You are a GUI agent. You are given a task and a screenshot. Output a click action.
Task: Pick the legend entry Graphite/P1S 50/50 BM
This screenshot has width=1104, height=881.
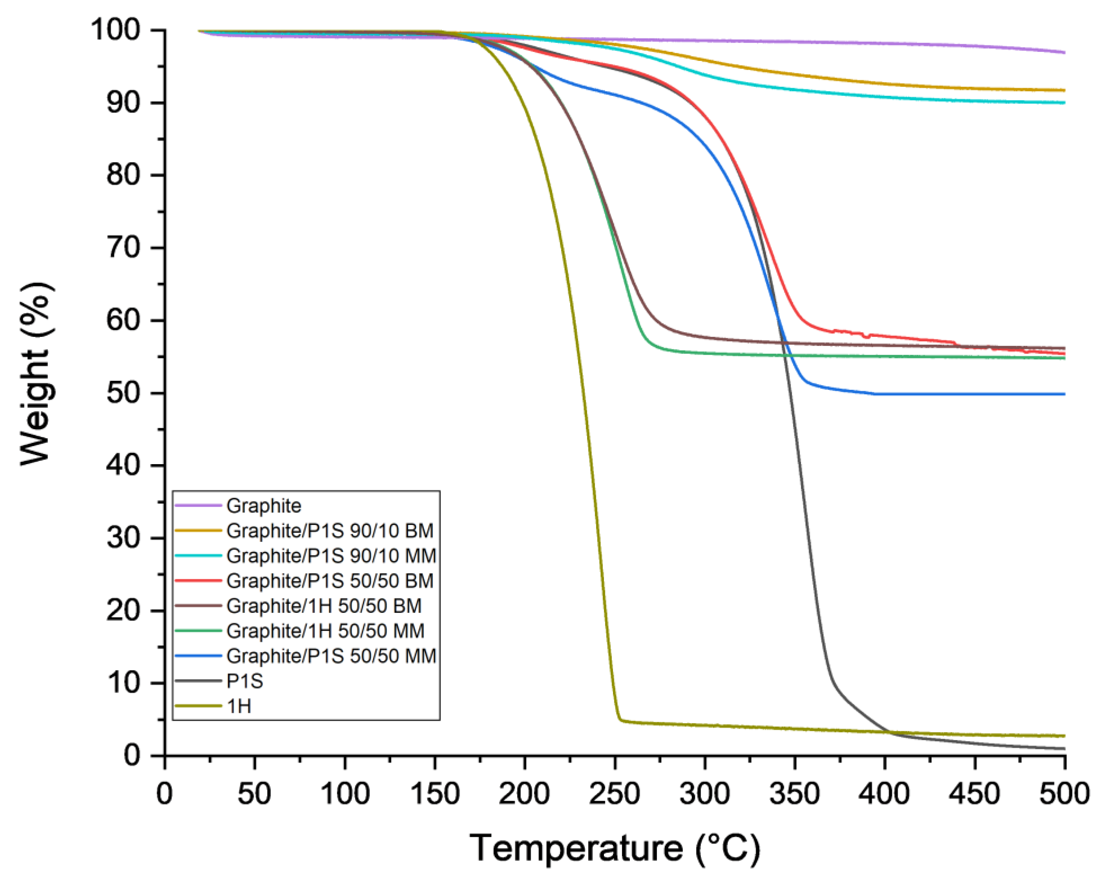(330, 581)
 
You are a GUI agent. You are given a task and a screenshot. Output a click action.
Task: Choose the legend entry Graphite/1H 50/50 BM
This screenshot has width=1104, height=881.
(324, 606)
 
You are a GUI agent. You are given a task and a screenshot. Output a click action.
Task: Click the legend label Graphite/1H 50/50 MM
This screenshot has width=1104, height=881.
(325, 631)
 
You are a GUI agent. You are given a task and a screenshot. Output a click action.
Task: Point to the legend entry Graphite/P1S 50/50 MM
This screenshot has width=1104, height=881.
(331, 657)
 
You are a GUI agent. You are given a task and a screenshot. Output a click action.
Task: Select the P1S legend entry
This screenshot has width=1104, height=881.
(245, 682)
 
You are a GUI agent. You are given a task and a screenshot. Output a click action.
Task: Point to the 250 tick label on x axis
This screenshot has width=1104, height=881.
(614, 794)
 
